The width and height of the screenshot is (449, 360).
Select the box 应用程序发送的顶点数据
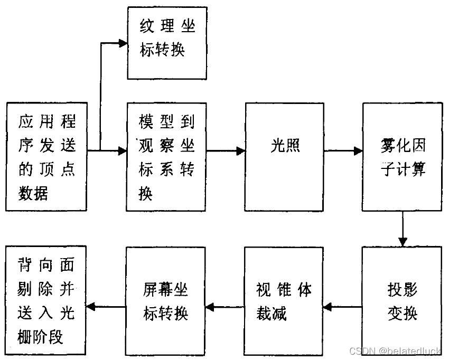click(46, 157)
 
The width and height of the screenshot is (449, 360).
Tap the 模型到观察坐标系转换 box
click(166, 157)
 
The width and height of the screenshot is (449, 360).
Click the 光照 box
click(284, 157)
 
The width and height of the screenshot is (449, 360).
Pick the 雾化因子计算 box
click(403, 157)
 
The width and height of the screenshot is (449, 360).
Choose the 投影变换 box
click(403, 301)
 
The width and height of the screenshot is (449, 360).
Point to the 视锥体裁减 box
click(284, 301)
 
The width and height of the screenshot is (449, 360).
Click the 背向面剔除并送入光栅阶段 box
click(46, 301)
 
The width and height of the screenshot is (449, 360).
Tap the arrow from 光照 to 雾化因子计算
click(343, 151)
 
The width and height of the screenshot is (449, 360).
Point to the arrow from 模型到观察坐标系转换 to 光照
click(226, 151)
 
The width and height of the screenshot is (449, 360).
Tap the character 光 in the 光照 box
click(278, 146)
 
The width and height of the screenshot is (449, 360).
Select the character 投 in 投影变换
click(396, 290)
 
